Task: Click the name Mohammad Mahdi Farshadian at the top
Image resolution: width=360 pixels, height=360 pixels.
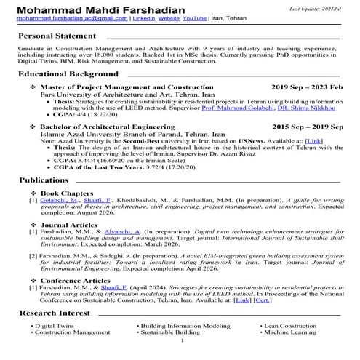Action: coord(79,8)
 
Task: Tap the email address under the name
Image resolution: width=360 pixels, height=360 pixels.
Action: coord(63,18)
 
